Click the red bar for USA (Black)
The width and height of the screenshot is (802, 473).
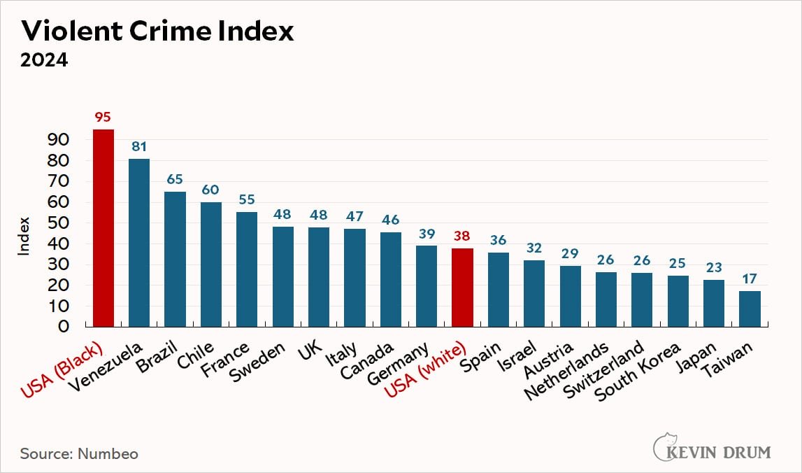click(x=103, y=228)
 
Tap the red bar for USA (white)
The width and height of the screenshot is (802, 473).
click(x=463, y=288)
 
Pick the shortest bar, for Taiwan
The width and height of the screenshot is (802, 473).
click(x=750, y=309)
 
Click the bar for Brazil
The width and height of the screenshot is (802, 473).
click(x=175, y=260)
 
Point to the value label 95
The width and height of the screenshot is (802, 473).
click(x=103, y=117)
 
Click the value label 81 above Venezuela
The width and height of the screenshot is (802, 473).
click(x=139, y=146)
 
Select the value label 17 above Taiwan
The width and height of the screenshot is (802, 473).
click(x=750, y=278)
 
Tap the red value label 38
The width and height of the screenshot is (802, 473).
click(x=463, y=236)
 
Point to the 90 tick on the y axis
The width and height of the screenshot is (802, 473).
click(x=58, y=140)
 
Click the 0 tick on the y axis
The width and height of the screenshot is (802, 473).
click(x=64, y=327)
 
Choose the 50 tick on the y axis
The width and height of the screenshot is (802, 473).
click(x=58, y=223)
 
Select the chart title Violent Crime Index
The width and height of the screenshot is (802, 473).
click(x=157, y=31)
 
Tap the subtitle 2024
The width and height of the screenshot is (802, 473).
click(x=43, y=60)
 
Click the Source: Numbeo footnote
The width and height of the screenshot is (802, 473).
click(x=79, y=453)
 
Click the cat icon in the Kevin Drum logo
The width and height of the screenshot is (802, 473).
click(x=664, y=447)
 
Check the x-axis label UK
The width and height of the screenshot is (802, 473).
click(x=310, y=352)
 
